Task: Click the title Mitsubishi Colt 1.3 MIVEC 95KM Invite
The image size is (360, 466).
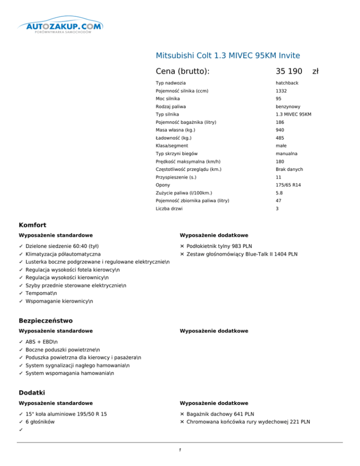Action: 227,55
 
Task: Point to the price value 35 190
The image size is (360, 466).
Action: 289,71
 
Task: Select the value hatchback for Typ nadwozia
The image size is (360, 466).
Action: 287,83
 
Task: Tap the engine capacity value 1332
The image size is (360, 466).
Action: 281,91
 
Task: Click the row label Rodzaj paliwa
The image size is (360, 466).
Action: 169,106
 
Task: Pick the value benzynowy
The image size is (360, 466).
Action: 287,106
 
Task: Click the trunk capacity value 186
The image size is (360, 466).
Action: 279,122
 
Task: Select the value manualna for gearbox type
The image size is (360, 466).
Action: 287,153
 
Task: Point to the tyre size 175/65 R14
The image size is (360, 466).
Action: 288,185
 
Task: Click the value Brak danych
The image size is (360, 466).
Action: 289,169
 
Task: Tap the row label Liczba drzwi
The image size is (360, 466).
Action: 169,208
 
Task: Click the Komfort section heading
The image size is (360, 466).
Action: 32,225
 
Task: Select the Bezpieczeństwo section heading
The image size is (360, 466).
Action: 45,321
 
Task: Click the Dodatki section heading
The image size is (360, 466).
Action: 31,392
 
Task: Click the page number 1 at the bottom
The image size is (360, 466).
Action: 180,450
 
